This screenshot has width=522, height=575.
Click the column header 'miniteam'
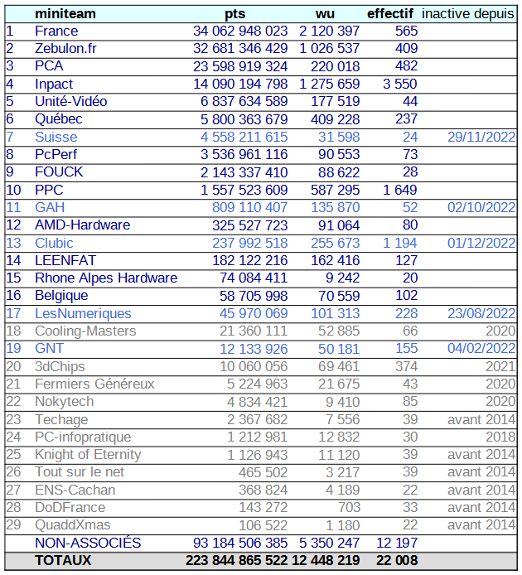coord(65,13)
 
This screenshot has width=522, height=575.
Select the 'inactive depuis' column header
coord(468,13)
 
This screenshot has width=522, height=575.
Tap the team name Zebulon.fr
coord(65,49)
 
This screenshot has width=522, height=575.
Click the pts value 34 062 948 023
coord(240,31)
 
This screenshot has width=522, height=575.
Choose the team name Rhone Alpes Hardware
coord(106,278)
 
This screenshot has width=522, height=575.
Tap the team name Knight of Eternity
coord(88,454)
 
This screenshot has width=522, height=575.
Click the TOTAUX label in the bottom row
coord(63,560)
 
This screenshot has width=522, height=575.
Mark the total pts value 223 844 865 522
coord(236,560)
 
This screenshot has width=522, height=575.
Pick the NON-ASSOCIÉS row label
coord(88,543)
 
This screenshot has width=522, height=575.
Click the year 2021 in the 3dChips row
coord(500,366)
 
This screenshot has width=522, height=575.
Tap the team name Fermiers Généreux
coord(94,384)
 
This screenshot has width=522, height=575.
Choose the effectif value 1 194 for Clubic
coord(400,243)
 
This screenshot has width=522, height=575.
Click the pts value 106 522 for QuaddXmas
coord(263,524)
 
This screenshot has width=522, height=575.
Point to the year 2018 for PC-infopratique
coord(500,437)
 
